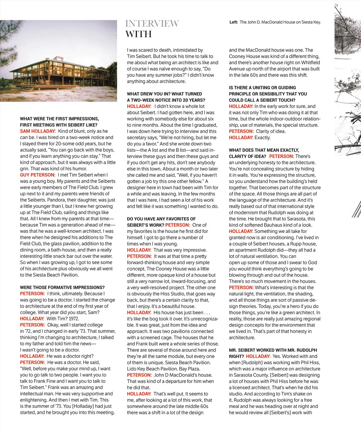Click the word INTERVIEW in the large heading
[x=152, y=23]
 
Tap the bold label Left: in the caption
[x=233, y=22]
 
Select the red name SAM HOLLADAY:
[x=38, y=131]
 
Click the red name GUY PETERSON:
[x=38, y=175]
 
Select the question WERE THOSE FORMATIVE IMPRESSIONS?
[x=62, y=287]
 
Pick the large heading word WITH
[x=139, y=34]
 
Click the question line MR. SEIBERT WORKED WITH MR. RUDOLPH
[x=273, y=350]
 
